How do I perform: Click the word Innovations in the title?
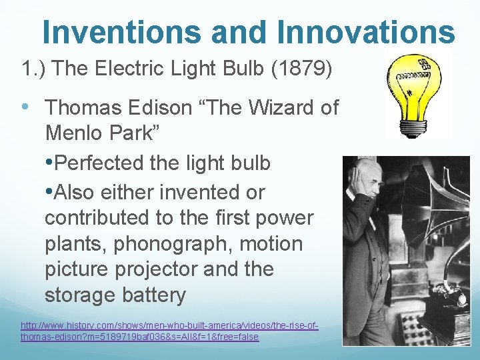(363, 31)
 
